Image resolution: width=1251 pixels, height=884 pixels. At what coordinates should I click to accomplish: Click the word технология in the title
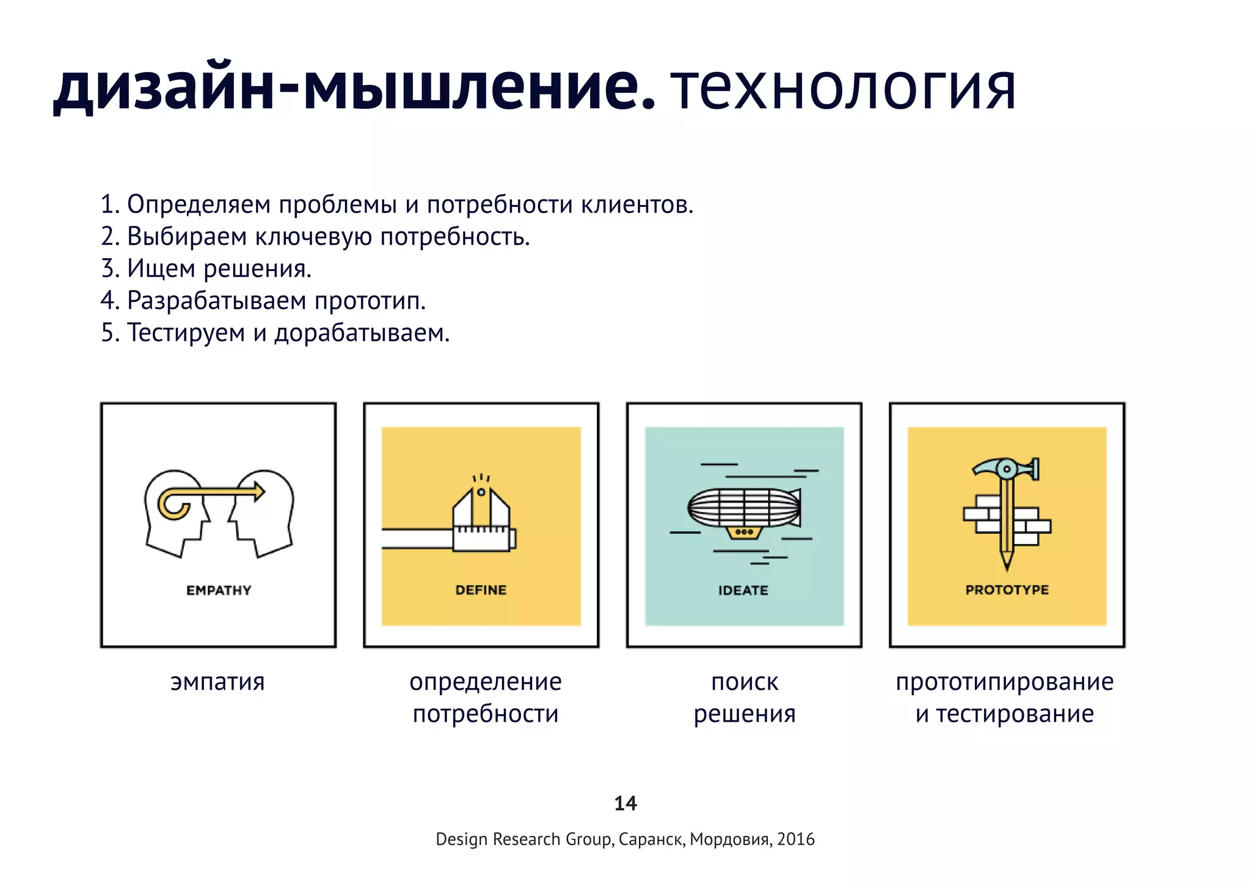coord(843,89)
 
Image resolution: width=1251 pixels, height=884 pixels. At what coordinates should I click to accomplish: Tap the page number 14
coord(625,803)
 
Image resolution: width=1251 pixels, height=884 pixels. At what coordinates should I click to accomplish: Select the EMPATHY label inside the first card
coord(219,590)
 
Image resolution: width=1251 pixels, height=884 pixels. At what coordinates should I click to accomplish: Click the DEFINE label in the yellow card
coord(481,590)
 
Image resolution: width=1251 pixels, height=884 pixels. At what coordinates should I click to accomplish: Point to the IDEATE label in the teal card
coord(743,590)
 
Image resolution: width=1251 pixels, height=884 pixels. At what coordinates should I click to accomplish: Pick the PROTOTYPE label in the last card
coord(1007,590)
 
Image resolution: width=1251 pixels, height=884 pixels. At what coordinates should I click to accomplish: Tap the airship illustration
coord(744,510)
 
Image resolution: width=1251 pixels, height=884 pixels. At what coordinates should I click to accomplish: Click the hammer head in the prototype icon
coord(1005,469)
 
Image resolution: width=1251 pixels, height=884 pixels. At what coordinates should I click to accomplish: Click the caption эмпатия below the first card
coord(217,682)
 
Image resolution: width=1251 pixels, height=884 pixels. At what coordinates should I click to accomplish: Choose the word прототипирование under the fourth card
coord(1005,682)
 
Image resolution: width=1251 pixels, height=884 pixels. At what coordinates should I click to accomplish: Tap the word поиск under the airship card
coord(745,682)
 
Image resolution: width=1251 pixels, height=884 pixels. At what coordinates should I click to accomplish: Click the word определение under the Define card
coord(486,682)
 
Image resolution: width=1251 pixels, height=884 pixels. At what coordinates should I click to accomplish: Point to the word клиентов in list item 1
coord(636,205)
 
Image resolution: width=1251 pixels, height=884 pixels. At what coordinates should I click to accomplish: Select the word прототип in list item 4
coord(370,301)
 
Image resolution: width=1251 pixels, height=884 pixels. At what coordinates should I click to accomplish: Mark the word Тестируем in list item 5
coord(186,333)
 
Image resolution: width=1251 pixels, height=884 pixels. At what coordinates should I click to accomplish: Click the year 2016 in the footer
coord(796,839)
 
